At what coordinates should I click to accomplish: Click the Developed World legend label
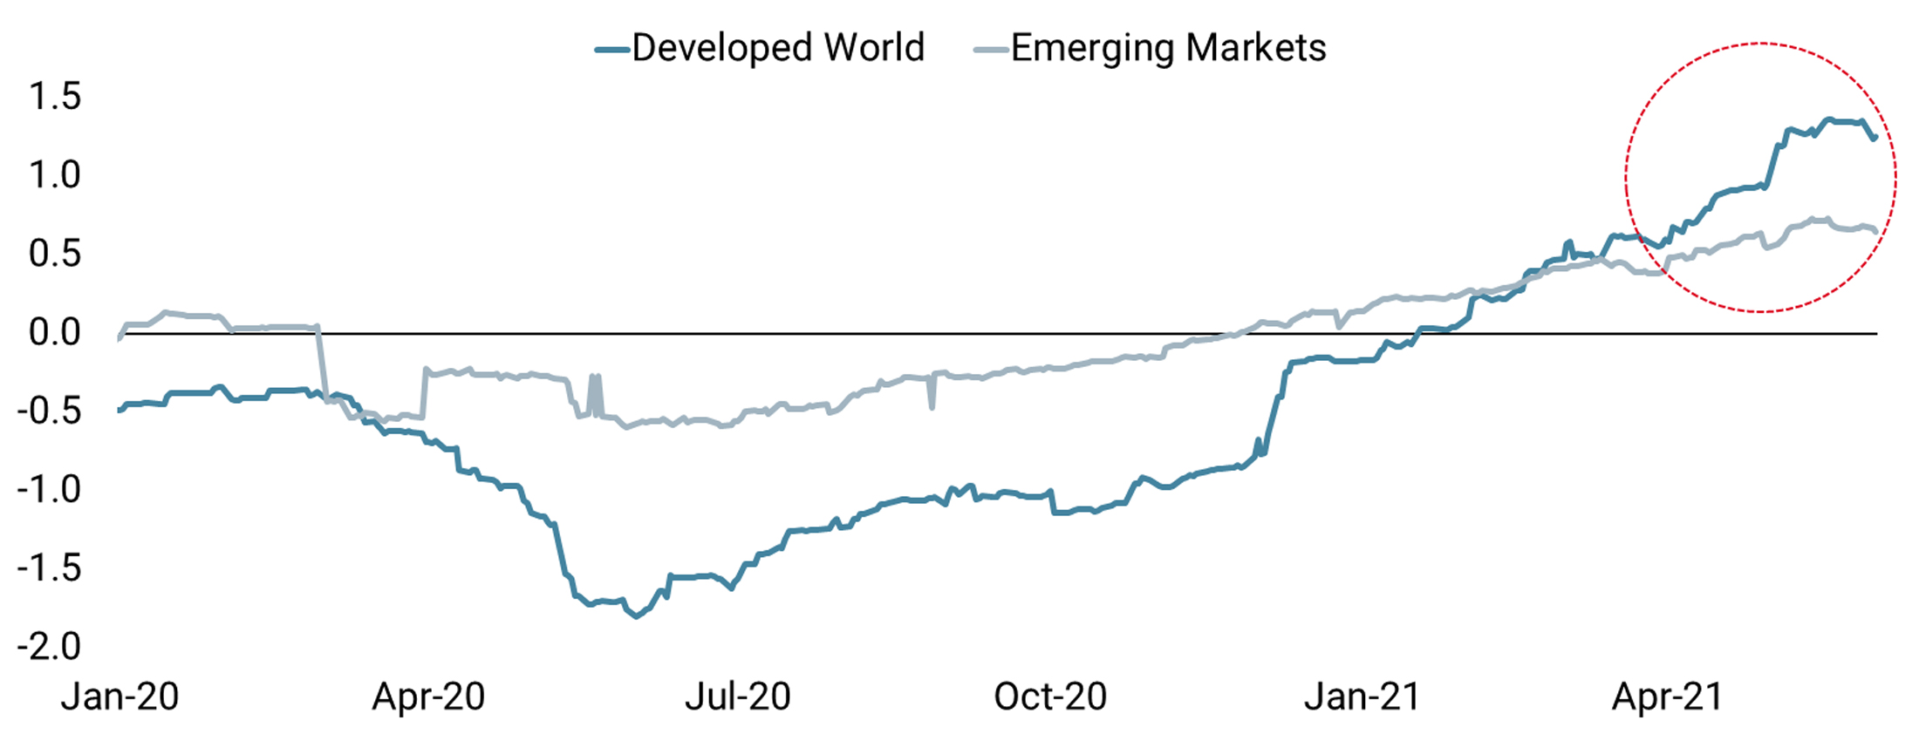tap(777, 48)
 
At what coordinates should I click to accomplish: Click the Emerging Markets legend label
tap(1168, 48)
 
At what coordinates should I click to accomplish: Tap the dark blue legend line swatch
tap(612, 51)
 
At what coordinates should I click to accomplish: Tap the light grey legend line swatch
tap(991, 51)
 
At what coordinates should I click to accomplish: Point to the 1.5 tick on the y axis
tap(55, 97)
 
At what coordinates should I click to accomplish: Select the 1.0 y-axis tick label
tap(55, 175)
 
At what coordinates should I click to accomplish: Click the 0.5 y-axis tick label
tap(55, 254)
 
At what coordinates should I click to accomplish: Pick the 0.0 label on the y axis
tap(55, 332)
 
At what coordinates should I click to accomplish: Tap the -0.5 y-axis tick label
tap(49, 411)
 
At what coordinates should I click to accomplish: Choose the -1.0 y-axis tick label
tap(49, 489)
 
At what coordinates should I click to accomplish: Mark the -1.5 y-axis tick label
tap(49, 568)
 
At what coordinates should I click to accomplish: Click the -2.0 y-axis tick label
tap(49, 646)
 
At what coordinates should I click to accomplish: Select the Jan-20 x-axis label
tap(120, 697)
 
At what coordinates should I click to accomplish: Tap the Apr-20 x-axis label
tap(428, 697)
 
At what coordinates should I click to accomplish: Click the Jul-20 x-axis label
tap(738, 697)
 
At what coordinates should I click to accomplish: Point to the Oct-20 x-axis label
tap(1050, 697)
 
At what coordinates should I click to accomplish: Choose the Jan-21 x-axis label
tap(1362, 697)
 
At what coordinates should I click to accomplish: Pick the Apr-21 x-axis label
tap(1668, 697)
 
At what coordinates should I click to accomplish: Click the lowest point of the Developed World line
tap(637, 616)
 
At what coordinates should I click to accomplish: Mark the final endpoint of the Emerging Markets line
tap(1875, 231)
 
